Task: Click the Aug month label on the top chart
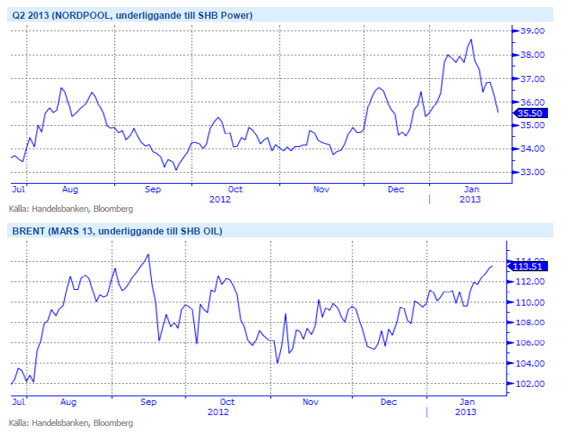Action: [x=70, y=189]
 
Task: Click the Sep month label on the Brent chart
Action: [x=148, y=402]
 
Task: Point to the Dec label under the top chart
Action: [x=396, y=189]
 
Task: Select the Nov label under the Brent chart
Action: [x=311, y=402]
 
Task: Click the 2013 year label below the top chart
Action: [x=469, y=199]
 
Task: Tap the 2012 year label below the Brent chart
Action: [x=218, y=412]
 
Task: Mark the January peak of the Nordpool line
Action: [x=471, y=39]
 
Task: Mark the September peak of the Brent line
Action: [x=148, y=254]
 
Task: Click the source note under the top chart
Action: [x=71, y=209]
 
